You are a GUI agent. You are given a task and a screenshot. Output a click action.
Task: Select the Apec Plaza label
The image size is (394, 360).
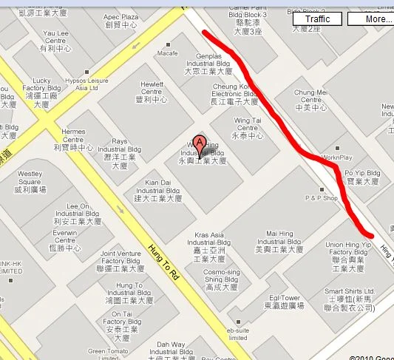[121, 21]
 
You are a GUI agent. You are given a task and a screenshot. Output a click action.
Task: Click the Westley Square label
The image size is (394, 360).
[30, 181]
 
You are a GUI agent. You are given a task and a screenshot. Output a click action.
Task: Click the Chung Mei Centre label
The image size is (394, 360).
[310, 100]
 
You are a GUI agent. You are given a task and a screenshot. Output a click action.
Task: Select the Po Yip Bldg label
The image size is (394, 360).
[361, 176]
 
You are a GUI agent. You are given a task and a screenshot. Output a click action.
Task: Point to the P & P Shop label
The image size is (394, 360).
[321, 198]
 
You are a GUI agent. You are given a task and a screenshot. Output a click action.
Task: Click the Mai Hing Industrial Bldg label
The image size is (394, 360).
[279, 242]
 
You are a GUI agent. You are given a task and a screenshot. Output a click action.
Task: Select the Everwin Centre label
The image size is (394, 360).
[65, 240]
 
